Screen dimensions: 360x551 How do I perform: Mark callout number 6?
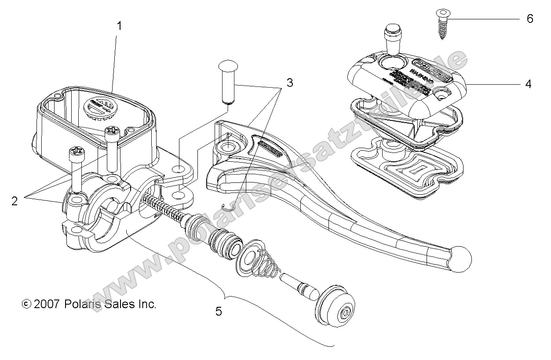[x=529, y=19]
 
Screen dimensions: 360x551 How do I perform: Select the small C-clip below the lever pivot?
[x=227, y=207]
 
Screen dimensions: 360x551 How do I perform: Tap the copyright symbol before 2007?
[x=26, y=304]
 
